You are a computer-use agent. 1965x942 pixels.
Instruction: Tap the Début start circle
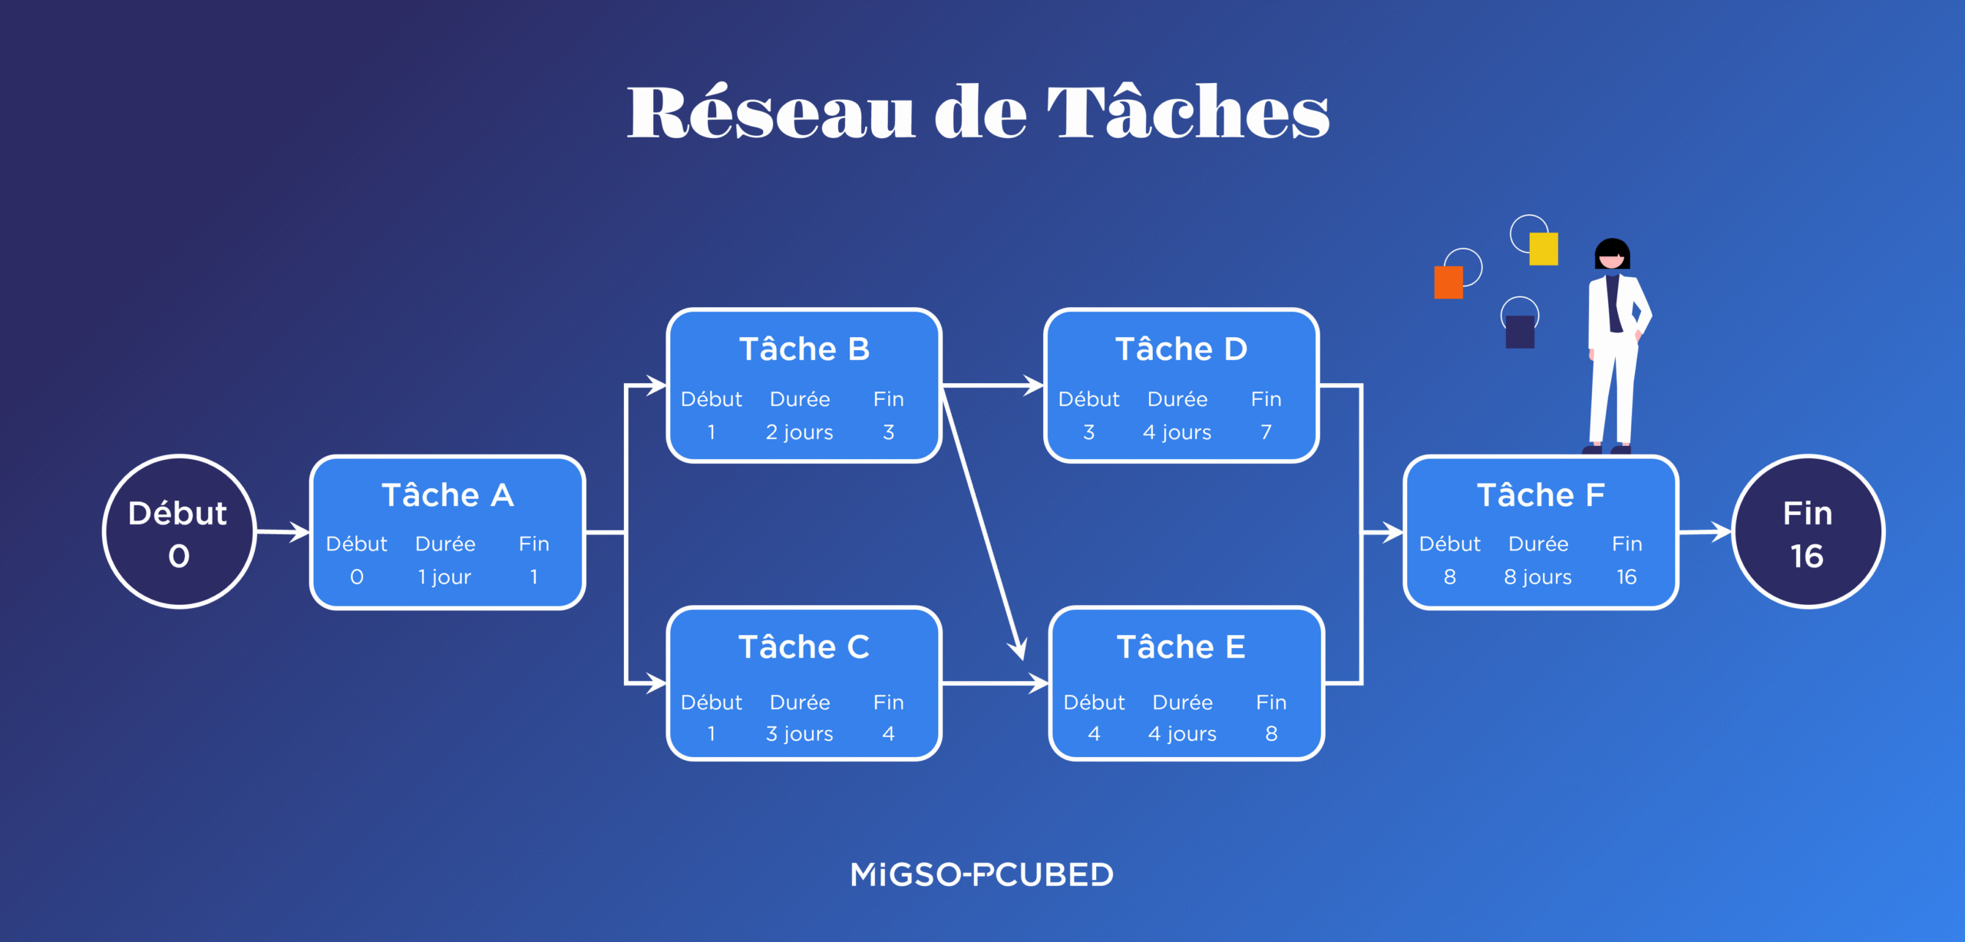pyautogui.click(x=179, y=532)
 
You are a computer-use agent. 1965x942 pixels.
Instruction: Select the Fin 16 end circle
pyautogui.click(x=1808, y=532)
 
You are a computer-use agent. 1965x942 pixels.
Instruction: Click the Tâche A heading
pyautogui.click(x=447, y=495)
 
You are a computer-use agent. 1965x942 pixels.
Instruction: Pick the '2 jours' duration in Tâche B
pyautogui.click(x=799, y=432)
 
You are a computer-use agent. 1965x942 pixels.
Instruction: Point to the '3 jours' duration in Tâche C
pyautogui.click(x=799, y=734)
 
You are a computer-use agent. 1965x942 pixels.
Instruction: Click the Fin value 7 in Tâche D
pyautogui.click(x=1266, y=432)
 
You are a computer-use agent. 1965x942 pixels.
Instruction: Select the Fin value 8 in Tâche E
pyautogui.click(x=1271, y=734)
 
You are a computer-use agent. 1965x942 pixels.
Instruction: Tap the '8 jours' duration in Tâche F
pyautogui.click(x=1537, y=577)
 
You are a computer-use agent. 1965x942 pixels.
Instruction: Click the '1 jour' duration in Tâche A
pyautogui.click(x=444, y=577)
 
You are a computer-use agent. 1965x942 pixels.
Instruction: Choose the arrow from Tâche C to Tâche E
pyautogui.click(x=995, y=683)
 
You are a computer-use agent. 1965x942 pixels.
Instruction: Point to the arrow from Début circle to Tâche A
pyautogui.click(x=282, y=531)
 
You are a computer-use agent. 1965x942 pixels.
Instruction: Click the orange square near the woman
pyautogui.click(x=1448, y=283)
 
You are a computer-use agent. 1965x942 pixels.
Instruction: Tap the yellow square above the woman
pyautogui.click(x=1543, y=249)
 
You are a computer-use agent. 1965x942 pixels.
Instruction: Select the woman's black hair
pyautogui.click(x=1612, y=249)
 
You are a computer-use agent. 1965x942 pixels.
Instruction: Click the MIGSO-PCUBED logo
pyautogui.click(x=982, y=874)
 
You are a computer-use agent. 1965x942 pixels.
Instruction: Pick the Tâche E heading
pyautogui.click(x=1181, y=647)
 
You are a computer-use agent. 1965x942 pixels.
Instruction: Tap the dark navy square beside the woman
pyautogui.click(x=1519, y=332)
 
